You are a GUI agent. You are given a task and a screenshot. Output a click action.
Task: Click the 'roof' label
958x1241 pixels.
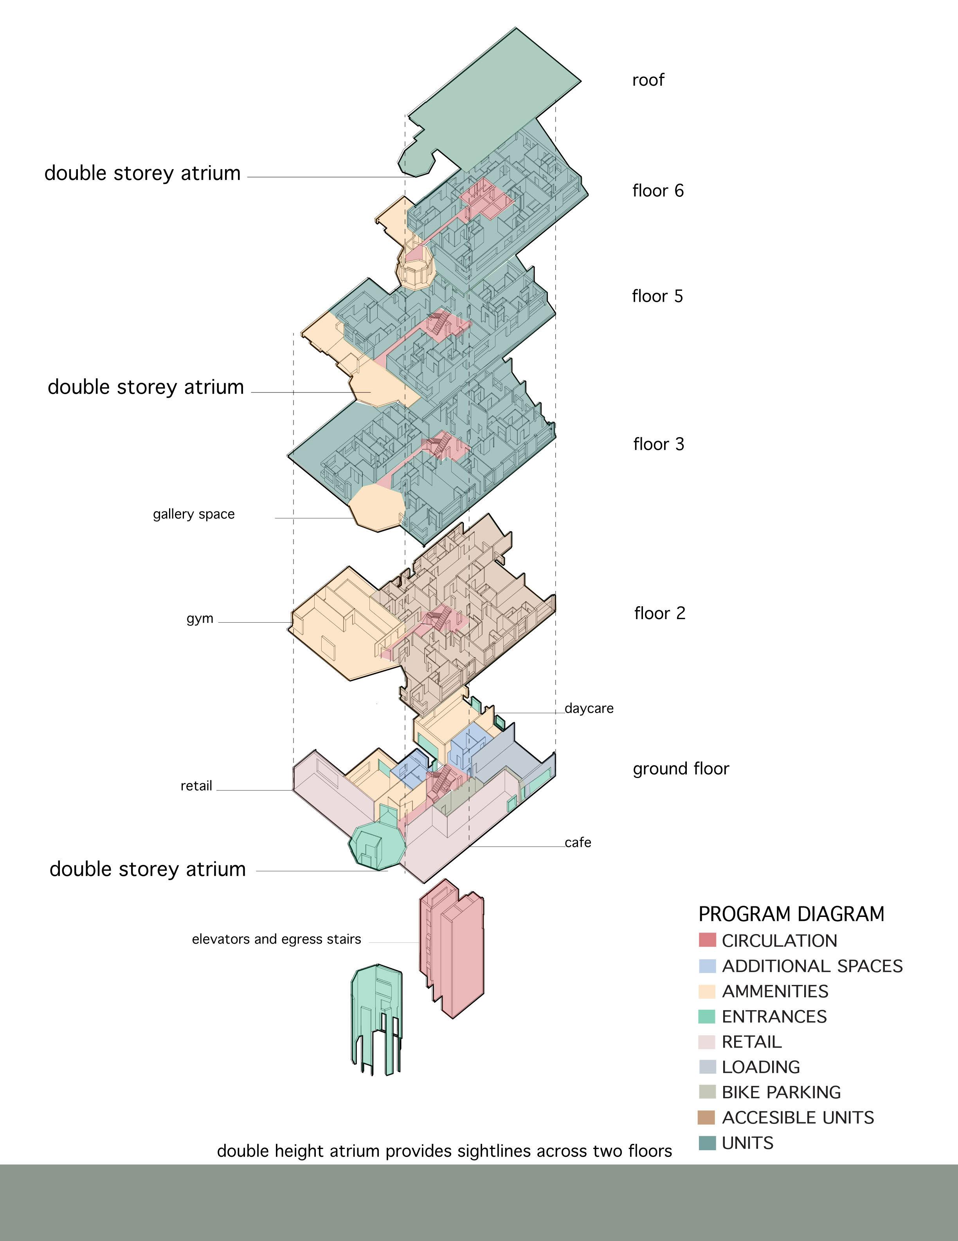648,80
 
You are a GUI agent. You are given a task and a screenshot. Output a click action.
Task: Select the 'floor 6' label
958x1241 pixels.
658,190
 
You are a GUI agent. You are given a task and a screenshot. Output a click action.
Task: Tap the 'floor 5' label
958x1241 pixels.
657,296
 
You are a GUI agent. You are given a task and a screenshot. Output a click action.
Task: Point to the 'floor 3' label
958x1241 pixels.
659,444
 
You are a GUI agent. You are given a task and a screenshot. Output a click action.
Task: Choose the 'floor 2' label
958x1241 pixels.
660,613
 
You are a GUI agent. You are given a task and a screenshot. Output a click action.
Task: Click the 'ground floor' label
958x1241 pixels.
681,768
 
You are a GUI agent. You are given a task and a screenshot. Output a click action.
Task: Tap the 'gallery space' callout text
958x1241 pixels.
194,514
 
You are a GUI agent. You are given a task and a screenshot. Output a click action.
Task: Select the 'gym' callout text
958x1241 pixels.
200,618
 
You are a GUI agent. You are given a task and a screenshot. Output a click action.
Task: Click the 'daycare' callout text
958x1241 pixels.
589,709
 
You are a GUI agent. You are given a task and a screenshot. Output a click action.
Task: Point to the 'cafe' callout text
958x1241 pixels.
578,842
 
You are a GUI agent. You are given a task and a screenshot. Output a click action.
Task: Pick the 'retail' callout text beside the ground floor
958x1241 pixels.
196,786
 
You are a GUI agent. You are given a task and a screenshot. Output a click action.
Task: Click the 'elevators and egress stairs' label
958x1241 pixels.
276,939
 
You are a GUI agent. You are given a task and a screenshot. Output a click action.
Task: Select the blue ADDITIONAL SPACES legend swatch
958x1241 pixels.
707,965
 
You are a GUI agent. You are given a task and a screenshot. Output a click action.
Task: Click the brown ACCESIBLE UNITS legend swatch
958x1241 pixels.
707,1117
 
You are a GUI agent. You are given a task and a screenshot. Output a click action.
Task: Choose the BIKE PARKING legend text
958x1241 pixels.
781,1092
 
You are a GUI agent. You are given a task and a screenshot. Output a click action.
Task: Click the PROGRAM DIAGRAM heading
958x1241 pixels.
791,914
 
